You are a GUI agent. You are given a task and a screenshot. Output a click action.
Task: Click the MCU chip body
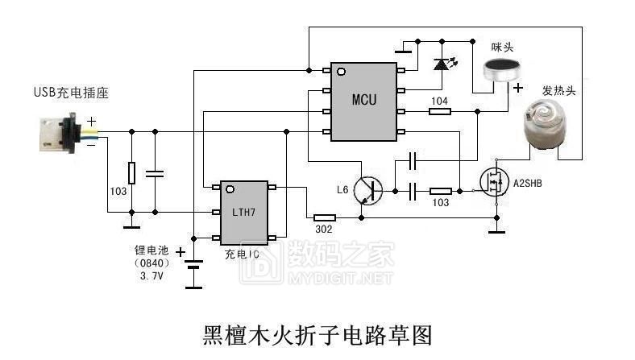point(363,100)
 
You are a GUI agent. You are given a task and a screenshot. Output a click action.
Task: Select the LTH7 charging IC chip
point(243,212)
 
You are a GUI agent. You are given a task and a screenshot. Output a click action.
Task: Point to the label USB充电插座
point(71,93)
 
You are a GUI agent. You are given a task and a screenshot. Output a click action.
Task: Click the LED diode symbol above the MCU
point(441,64)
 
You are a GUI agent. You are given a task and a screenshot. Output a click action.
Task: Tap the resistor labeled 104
point(440,111)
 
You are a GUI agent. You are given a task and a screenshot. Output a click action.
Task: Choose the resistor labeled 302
point(324,217)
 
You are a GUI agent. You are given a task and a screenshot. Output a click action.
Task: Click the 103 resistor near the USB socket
point(131,173)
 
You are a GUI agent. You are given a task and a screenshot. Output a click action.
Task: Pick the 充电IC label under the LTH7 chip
point(243,254)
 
